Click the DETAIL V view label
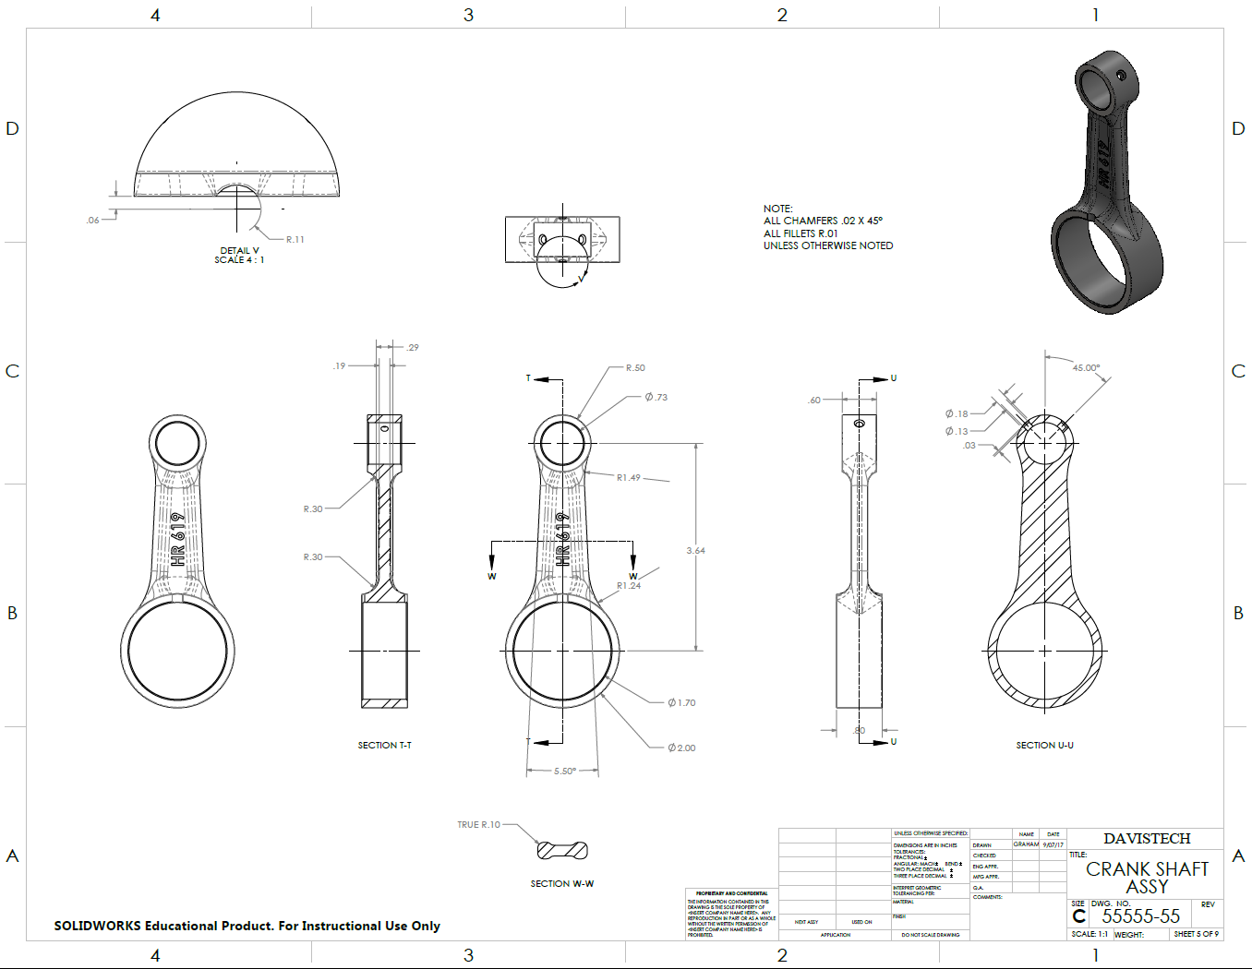pyautogui.click(x=239, y=250)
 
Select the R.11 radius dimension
pyautogui.click(x=295, y=240)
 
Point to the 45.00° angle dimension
pyautogui.click(x=1086, y=368)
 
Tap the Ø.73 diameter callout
pyautogui.click(x=656, y=397)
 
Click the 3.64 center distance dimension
pyautogui.click(x=695, y=551)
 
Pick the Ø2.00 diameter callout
pyautogui.click(x=681, y=748)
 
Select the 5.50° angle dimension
pyautogui.click(x=564, y=771)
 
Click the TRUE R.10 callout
pyautogui.click(x=478, y=825)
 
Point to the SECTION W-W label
pyautogui.click(x=561, y=884)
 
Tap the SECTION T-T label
pyautogui.click(x=384, y=745)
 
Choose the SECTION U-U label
pyautogui.click(x=1044, y=745)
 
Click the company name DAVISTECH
pyautogui.click(x=1147, y=838)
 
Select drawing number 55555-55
pyautogui.click(x=1140, y=916)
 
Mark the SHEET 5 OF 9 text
pyautogui.click(x=1196, y=934)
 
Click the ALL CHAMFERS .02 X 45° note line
pyautogui.click(x=823, y=221)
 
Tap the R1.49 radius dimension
pyautogui.click(x=629, y=478)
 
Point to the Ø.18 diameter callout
pyautogui.click(x=957, y=414)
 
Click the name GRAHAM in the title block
pyautogui.click(x=1026, y=844)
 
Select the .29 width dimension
pyautogui.click(x=413, y=348)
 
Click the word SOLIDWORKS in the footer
pyautogui.click(x=97, y=926)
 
